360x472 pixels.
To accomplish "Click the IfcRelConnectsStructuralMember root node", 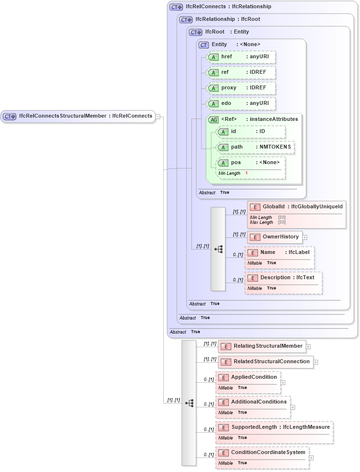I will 78,116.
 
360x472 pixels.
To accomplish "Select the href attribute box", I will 241,57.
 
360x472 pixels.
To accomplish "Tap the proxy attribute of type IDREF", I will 241,88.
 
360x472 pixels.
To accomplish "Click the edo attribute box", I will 241,103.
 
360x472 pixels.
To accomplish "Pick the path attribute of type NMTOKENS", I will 255,147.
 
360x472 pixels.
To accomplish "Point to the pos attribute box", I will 251,163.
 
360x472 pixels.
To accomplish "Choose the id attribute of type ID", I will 251,132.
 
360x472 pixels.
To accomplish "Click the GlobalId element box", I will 296,207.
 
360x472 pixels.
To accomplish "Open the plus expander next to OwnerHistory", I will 305,237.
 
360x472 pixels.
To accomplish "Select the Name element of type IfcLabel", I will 279,253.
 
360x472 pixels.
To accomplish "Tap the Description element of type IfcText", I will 283,278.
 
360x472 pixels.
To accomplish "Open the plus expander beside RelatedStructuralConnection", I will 316,362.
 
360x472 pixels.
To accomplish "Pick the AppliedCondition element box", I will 248,377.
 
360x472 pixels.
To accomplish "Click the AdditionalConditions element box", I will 253,402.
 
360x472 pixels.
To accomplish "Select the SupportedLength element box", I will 274,427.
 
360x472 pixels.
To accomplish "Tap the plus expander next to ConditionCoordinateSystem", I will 311,458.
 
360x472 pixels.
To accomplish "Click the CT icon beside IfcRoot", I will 195,33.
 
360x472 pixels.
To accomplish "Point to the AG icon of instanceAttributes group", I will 213,119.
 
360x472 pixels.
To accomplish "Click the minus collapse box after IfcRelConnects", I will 158,117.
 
